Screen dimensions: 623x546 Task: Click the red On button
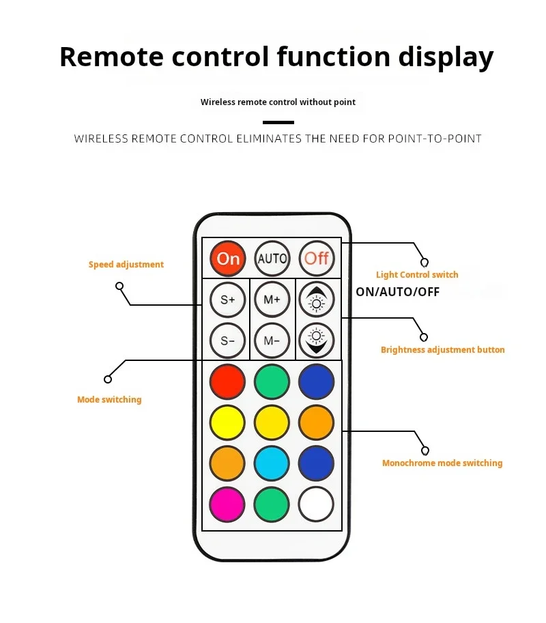(x=228, y=258)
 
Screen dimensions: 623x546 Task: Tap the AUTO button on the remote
(x=272, y=259)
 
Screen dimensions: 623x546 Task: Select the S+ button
(x=228, y=300)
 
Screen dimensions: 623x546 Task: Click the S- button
(x=228, y=340)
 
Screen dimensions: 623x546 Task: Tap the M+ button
(x=272, y=300)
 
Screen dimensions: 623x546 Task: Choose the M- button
(x=272, y=340)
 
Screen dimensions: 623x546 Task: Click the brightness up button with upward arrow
(x=317, y=300)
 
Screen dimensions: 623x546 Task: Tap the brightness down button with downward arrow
(x=317, y=340)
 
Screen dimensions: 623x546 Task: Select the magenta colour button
(x=227, y=504)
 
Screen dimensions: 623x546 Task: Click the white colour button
(x=316, y=504)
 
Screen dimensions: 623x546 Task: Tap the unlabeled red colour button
(x=227, y=381)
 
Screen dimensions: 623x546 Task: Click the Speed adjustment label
(x=126, y=265)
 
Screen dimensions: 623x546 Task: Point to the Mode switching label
(x=109, y=400)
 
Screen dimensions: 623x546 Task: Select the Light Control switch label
(x=417, y=275)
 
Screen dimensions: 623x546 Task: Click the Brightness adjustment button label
(x=442, y=350)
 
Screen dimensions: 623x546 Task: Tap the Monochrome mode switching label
(x=442, y=463)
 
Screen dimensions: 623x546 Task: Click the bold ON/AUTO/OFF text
(x=397, y=292)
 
